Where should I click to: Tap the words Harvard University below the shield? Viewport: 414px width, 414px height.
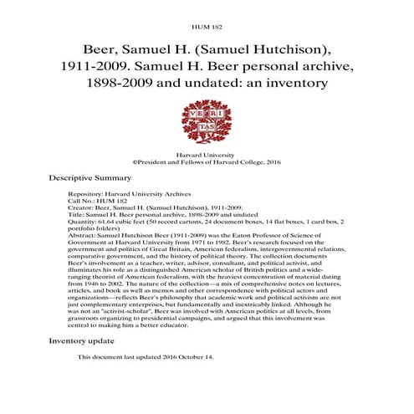tap(207, 156)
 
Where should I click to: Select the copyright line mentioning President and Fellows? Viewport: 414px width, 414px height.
tap(207, 164)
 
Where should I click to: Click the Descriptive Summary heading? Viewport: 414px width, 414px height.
tap(89, 177)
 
